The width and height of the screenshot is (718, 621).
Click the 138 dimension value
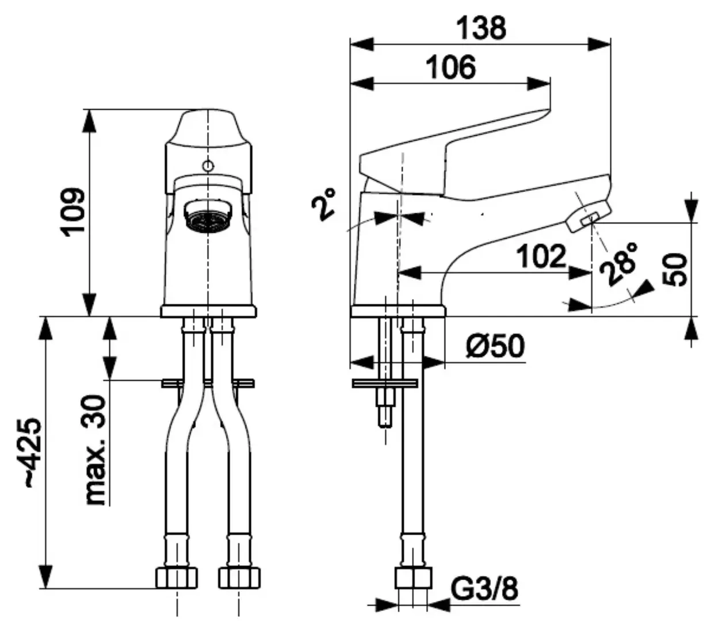pos(482,28)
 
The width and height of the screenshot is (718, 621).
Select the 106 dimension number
pos(451,67)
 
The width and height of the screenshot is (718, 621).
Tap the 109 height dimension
pos(72,212)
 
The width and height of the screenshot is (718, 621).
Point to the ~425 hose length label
pos(34,453)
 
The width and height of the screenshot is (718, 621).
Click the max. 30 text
pos(95,449)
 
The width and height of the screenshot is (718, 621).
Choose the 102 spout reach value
pos(541,256)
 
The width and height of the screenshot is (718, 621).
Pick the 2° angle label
pos(324,205)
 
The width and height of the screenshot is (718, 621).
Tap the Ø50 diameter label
pos(495,346)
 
